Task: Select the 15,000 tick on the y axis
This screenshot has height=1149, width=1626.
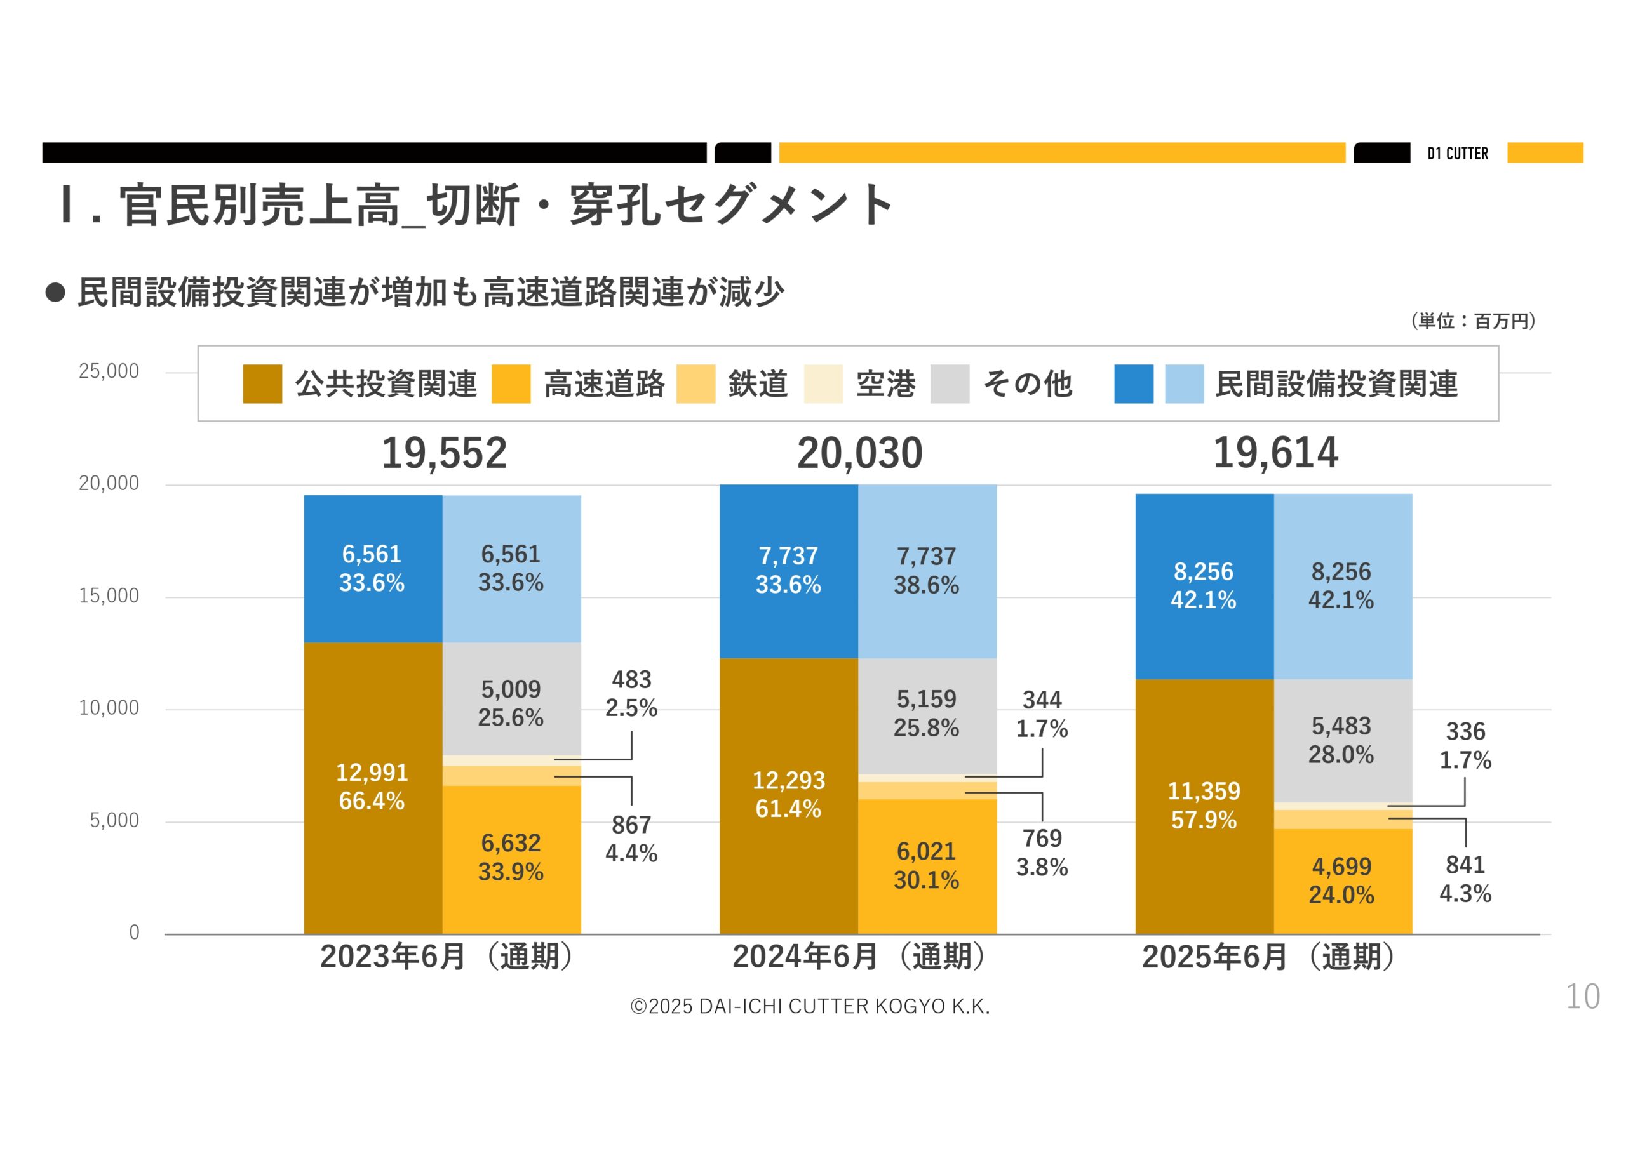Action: (109, 596)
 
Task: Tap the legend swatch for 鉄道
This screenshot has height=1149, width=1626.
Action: (695, 385)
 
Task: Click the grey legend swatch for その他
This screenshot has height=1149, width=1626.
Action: (949, 385)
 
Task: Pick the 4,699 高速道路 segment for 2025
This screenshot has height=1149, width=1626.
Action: (1342, 880)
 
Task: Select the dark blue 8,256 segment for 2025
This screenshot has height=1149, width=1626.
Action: (1203, 585)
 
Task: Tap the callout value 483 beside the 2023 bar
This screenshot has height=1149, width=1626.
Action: (631, 681)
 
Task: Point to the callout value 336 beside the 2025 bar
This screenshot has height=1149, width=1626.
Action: (1465, 732)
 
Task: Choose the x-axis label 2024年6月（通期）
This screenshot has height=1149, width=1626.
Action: (858, 957)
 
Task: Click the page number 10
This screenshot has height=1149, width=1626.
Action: (1582, 997)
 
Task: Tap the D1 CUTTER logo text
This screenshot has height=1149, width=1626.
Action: (1458, 154)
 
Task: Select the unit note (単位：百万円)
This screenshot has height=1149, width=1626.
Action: (1473, 321)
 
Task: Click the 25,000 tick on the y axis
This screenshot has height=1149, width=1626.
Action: (109, 371)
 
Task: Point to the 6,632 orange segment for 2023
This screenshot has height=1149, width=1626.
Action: (511, 858)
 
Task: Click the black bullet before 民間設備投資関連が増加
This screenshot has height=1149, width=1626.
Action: (55, 293)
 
